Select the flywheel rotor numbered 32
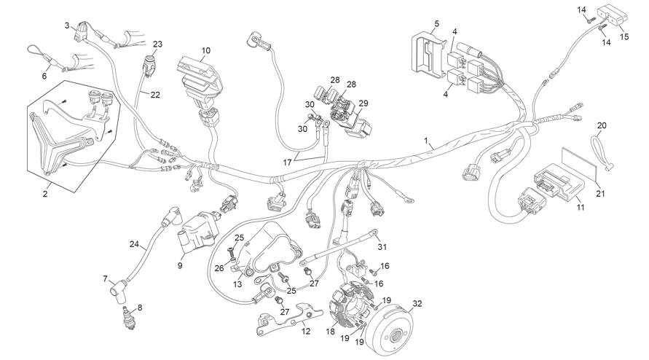pyautogui.click(x=393, y=329)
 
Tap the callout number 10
pyautogui.click(x=205, y=50)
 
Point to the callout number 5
pyautogui.click(x=436, y=23)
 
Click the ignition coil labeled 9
pyautogui.click(x=198, y=234)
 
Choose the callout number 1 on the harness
pyautogui.click(x=426, y=141)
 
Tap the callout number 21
pyautogui.click(x=601, y=193)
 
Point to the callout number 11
pyautogui.click(x=581, y=207)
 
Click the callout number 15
pyautogui.click(x=624, y=36)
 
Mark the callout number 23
pyautogui.click(x=157, y=44)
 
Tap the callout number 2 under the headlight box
pyautogui.click(x=45, y=193)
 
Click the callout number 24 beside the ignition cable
pyautogui.click(x=134, y=244)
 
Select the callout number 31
pyautogui.click(x=382, y=247)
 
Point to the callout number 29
pyautogui.click(x=363, y=103)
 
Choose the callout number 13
pyautogui.click(x=237, y=284)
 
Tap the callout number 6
pyautogui.click(x=44, y=76)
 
